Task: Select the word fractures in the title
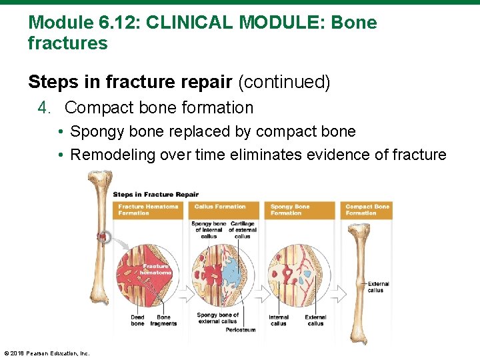[67, 44]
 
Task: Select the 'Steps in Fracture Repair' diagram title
[155, 195]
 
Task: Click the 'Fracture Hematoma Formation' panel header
[148, 209]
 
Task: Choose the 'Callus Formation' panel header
[220, 207]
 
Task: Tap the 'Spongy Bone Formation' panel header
[290, 209]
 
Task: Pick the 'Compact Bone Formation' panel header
[367, 209]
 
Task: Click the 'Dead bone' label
[137, 320]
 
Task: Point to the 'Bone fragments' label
[163, 320]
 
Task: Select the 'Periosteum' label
[240, 329]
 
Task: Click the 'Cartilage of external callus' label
[243, 230]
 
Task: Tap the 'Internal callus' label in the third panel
[279, 320]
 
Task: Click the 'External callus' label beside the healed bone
[379, 287]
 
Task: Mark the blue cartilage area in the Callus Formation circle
[233, 270]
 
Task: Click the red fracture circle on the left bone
[103, 236]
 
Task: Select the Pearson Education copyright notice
[47, 353]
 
